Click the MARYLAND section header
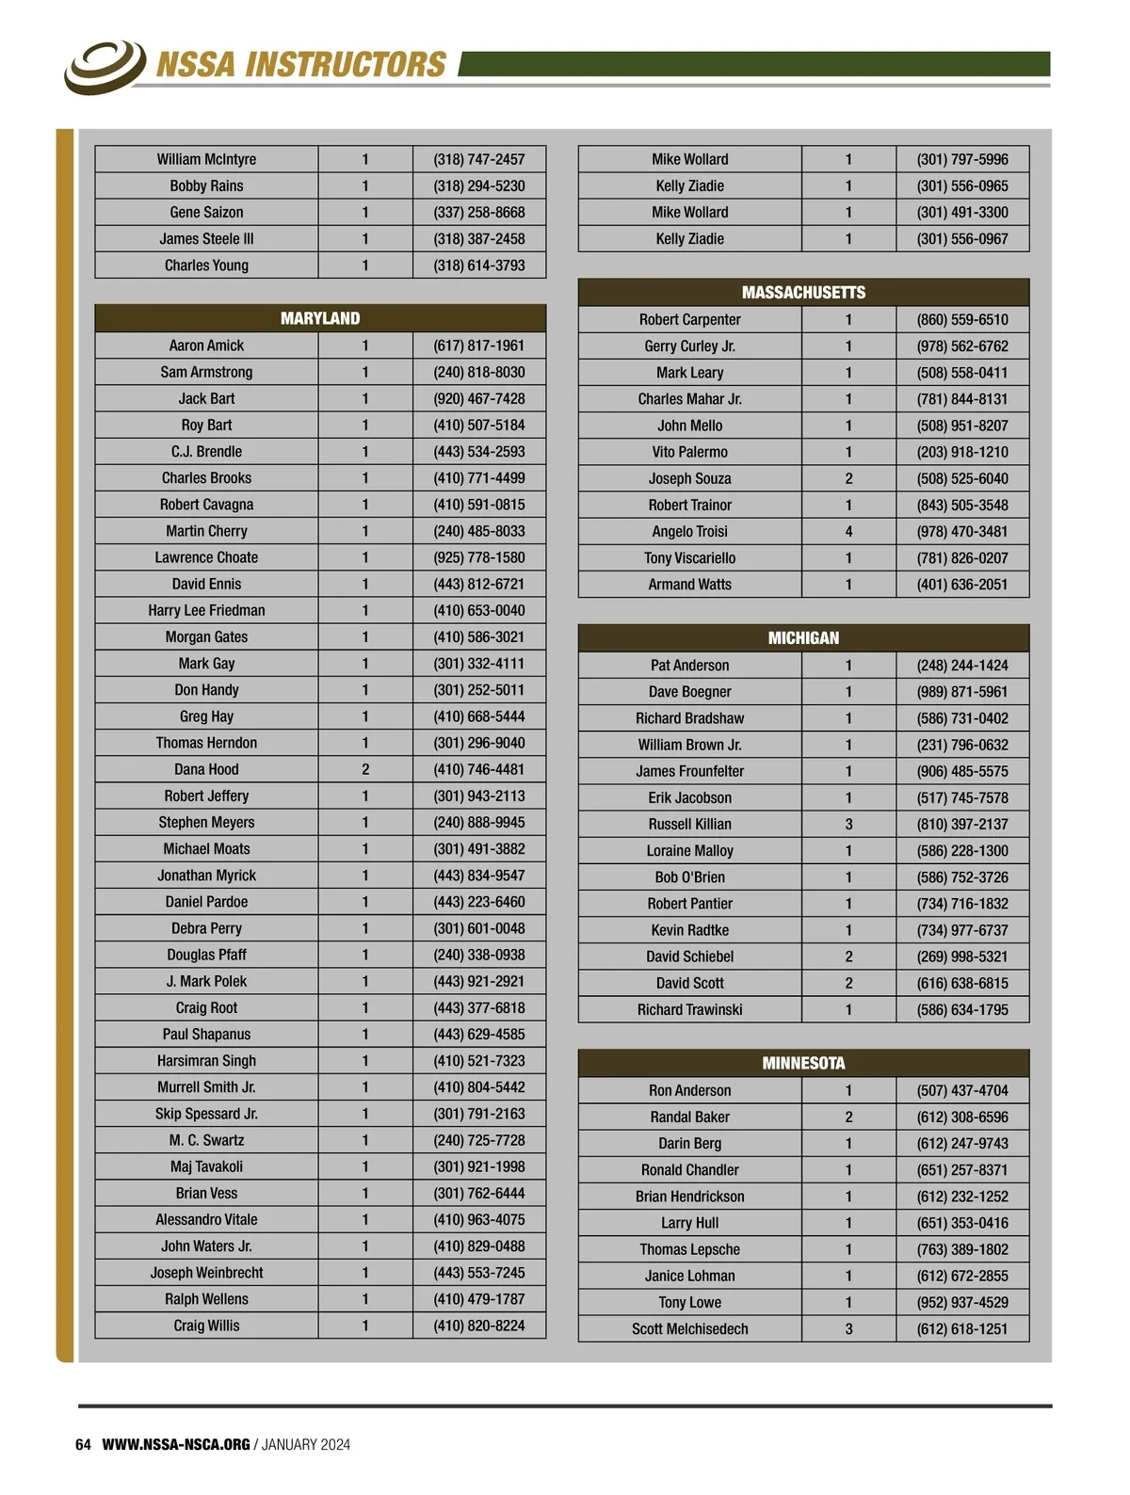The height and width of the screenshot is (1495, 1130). pyautogui.click(x=320, y=318)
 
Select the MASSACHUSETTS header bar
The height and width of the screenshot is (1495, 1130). pyautogui.click(x=803, y=292)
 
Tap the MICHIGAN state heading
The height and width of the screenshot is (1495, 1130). pyautogui.click(x=803, y=637)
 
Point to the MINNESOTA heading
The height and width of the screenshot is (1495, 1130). pyautogui.click(x=803, y=1063)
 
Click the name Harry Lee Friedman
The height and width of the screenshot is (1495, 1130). pyautogui.click(x=206, y=610)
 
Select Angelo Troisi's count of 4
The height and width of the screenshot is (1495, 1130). pyautogui.click(x=848, y=531)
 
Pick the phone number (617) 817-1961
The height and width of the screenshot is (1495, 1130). pyautogui.click(x=478, y=346)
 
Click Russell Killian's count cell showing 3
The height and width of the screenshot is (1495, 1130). pyautogui.click(x=848, y=824)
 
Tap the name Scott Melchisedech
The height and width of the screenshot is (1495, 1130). pyautogui.click(x=689, y=1328)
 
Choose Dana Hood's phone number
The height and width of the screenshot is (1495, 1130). pyautogui.click(x=478, y=769)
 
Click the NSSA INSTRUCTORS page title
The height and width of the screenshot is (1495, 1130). pyautogui.click(x=300, y=64)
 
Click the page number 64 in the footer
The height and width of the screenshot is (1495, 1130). pyautogui.click(x=83, y=1444)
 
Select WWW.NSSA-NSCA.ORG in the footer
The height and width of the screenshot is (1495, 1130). pyautogui.click(x=176, y=1444)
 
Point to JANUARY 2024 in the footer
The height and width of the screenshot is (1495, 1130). pyautogui.click(x=306, y=1444)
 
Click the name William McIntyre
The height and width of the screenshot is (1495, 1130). pyautogui.click(x=206, y=159)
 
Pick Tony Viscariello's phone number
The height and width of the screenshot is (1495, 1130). pyautogui.click(x=961, y=557)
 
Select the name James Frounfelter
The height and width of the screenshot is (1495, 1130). pyautogui.click(x=689, y=771)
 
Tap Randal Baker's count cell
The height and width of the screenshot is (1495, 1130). pyautogui.click(x=848, y=1117)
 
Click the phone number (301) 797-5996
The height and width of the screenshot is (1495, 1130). pyautogui.click(x=961, y=159)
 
